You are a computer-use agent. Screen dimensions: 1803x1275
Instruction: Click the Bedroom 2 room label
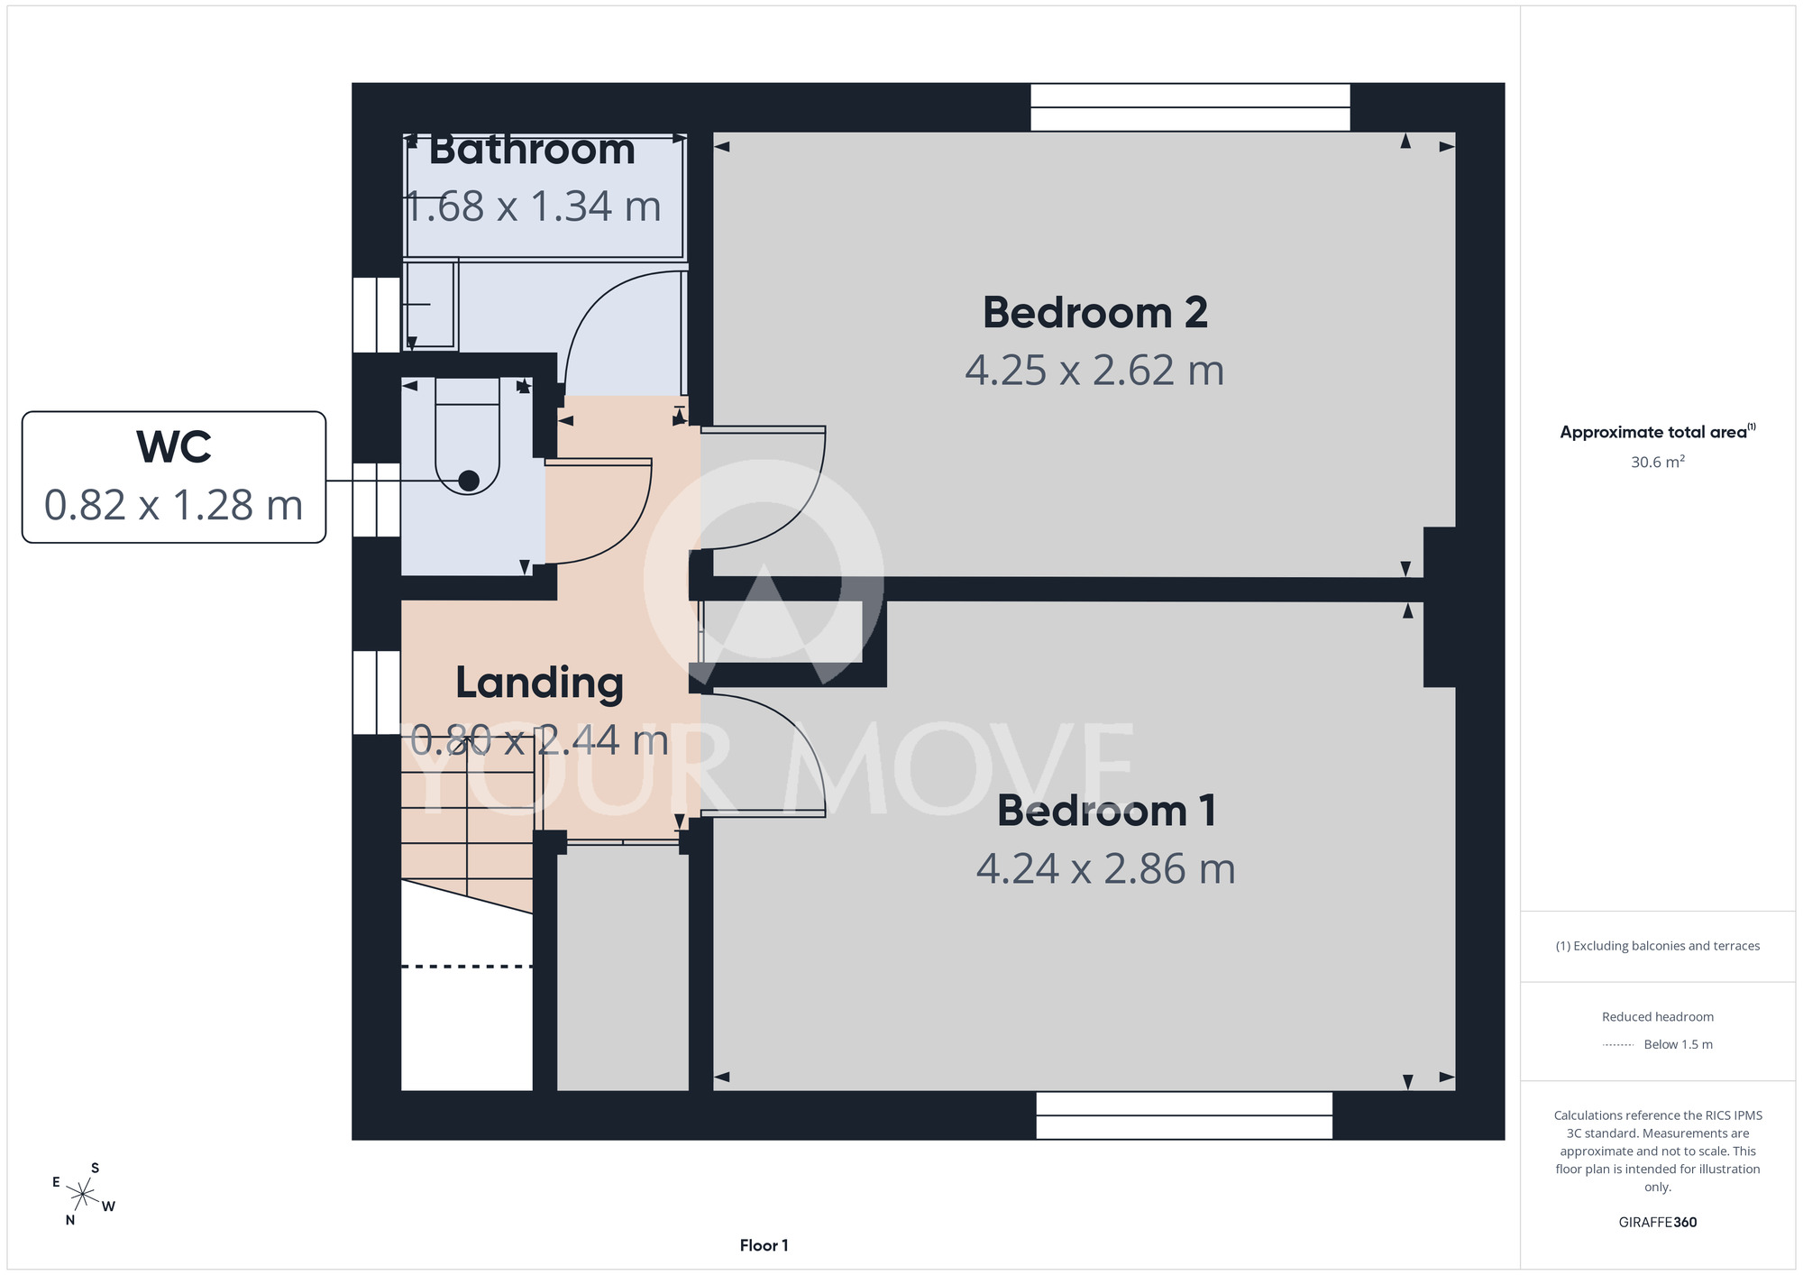point(1094,313)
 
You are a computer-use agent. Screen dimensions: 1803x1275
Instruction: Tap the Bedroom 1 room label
point(1106,811)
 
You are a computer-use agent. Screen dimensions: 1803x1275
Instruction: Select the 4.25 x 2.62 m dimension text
point(1094,371)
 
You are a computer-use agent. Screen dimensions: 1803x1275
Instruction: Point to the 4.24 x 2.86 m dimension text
point(1106,869)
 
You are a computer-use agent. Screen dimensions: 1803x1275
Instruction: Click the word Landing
point(539,683)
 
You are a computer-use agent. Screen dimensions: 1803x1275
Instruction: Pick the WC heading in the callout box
point(174,447)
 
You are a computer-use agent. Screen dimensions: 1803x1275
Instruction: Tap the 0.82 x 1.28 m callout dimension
point(174,505)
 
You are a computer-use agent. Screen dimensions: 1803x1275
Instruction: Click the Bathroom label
point(532,150)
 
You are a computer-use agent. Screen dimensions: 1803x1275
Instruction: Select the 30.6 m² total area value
point(1658,462)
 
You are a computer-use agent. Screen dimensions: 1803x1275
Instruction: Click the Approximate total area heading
point(1658,432)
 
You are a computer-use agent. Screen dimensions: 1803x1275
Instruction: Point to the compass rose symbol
point(83,1195)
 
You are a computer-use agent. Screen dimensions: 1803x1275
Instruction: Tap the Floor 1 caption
point(764,1245)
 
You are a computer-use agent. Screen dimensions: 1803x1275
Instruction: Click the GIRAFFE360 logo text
point(1658,1223)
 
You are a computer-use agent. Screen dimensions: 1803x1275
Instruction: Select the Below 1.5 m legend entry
point(1678,1044)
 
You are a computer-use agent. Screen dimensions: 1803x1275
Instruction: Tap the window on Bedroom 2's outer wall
point(1190,107)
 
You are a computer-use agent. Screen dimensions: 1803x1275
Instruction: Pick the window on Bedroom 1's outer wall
point(1184,1115)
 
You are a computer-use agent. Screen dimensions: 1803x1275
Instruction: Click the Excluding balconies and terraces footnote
point(1658,946)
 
